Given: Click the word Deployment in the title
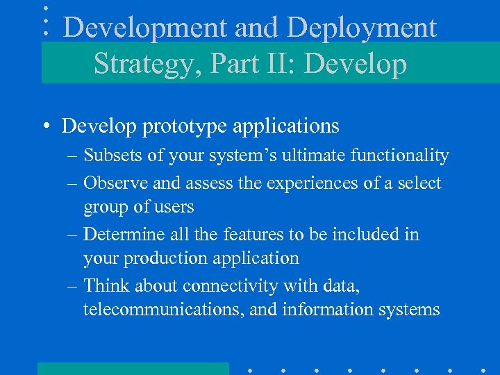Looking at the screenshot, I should [x=362, y=28].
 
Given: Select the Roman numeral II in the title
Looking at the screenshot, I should [x=283, y=64].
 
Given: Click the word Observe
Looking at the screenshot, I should [x=115, y=183].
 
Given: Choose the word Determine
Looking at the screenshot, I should [x=122, y=235].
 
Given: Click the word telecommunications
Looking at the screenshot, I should [x=162, y=310].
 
